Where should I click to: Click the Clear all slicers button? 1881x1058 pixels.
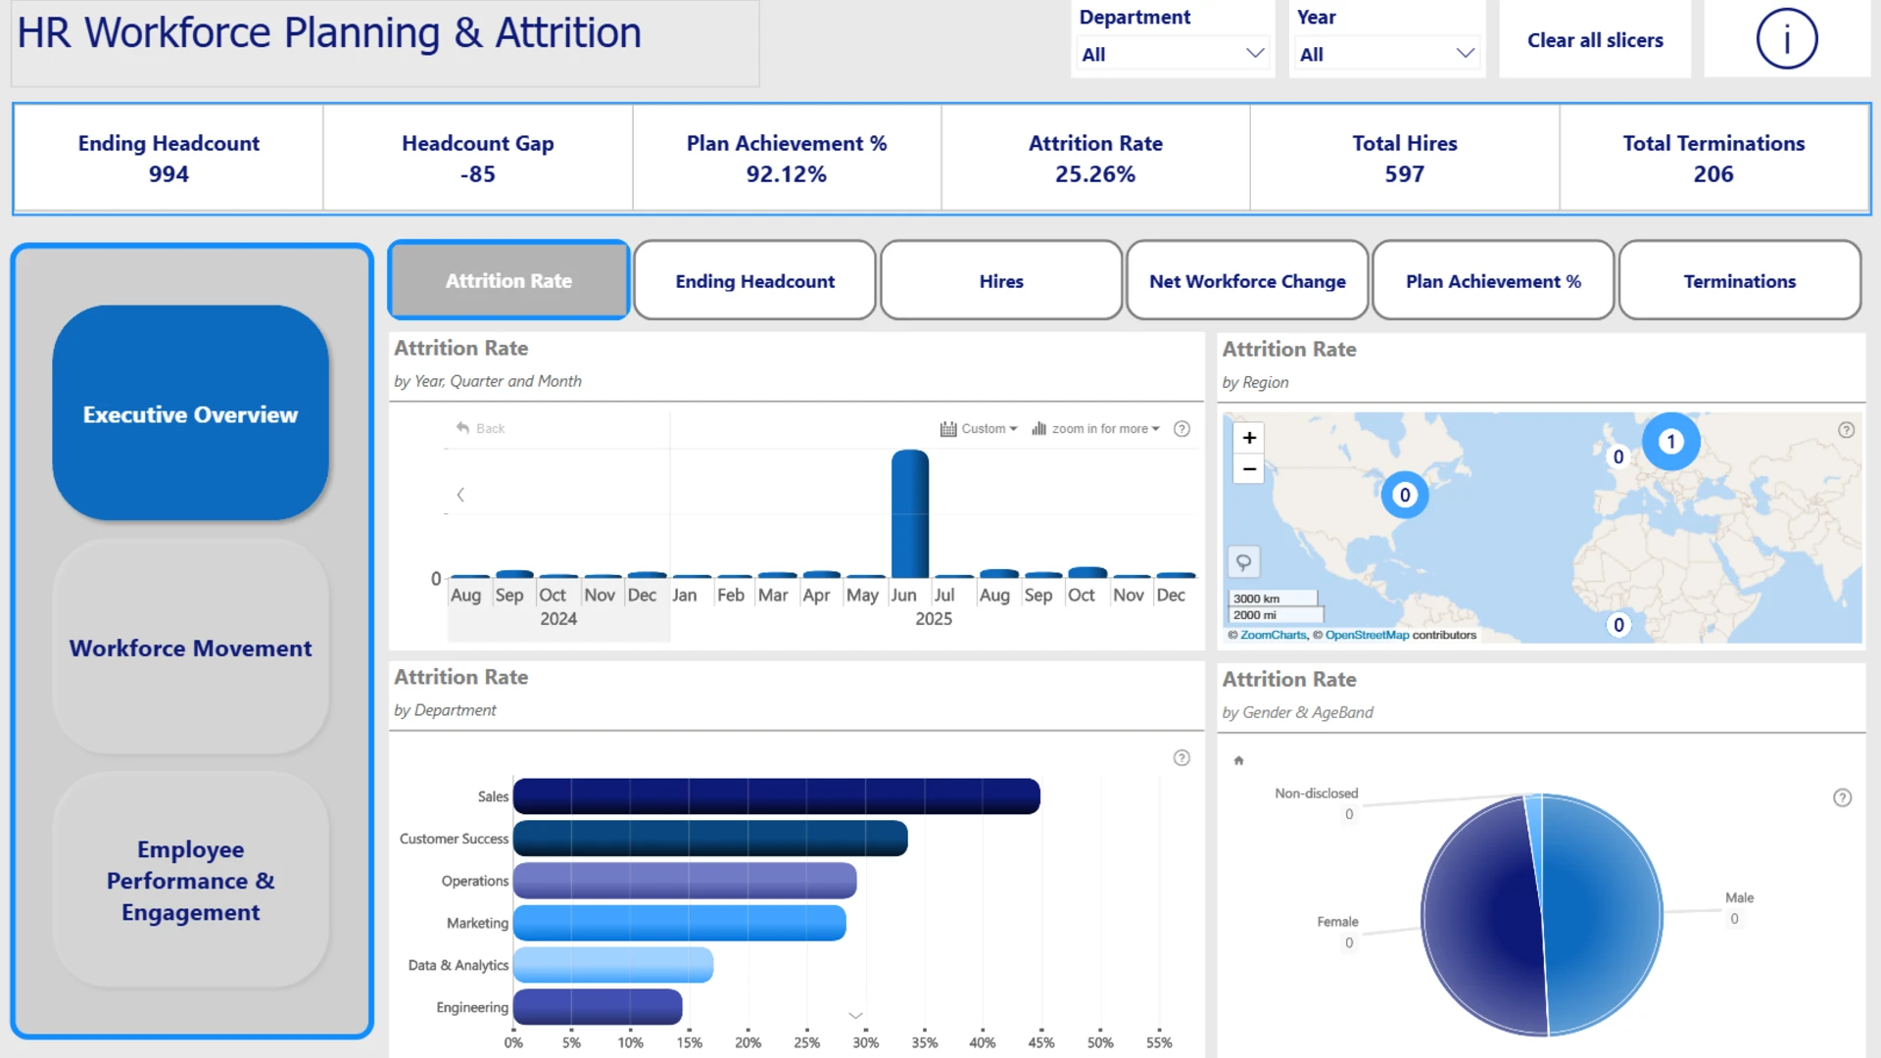point(1595,40)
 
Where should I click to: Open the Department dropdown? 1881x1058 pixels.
point(1172,54)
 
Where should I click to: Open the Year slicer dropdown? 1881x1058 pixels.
point(1386,54)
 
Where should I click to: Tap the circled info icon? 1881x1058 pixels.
point(1786,39)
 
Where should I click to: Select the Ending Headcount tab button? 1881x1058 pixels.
point(754,281)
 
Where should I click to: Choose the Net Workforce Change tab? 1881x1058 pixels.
point(1247,281)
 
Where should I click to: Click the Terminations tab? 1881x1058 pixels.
point(1740,281)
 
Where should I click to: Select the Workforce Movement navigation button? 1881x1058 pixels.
point(191,648)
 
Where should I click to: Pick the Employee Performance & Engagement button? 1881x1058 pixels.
point(191,880)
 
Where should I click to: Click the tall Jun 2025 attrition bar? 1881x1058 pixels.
point(910,513)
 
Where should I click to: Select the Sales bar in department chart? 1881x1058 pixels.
point(777,796)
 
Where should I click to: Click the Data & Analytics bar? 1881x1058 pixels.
point(613,965)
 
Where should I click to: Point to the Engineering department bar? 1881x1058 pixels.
point(598,1007)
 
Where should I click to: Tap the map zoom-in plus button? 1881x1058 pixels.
point(1249,438)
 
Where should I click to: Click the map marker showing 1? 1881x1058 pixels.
point(1671,442)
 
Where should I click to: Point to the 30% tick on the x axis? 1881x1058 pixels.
point(865,1042)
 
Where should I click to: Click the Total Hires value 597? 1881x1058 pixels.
point(1404,174)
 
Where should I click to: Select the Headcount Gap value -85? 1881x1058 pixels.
point(478,174)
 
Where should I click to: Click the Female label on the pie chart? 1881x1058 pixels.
point(1337,922)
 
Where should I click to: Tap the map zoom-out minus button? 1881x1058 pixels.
point(1249,469)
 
